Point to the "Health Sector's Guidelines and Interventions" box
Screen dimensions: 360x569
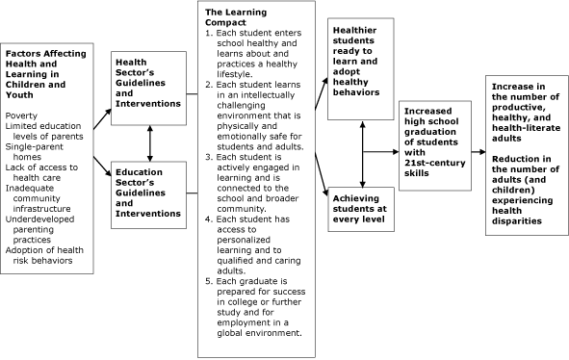pos(149,85)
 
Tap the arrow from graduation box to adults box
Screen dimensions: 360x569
pos(478,152)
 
